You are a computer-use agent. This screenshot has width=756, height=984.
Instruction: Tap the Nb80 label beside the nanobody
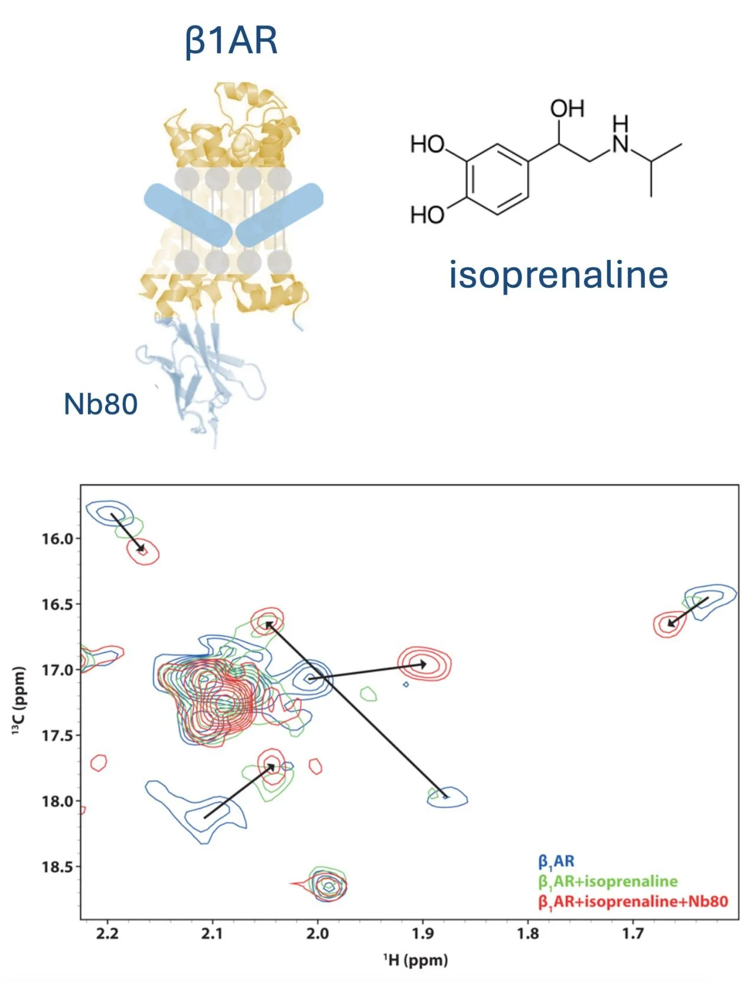(100, 405)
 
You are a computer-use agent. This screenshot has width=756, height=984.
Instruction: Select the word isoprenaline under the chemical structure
(558, 275)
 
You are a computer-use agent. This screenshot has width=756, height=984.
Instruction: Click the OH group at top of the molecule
(567, 109)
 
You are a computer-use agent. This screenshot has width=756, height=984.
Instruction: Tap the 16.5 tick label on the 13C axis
(57, 604)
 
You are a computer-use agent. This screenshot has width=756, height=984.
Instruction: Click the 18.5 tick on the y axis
(57, 867)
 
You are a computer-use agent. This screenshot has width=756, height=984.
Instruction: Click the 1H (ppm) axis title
(415, 960)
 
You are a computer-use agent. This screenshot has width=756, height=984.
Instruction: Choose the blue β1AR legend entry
(556, 862)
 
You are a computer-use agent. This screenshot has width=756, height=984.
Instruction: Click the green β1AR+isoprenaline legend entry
(608, 882)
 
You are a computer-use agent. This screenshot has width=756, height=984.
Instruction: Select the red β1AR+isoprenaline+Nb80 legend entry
(633, 902)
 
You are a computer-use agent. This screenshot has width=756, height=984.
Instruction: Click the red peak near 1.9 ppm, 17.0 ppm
(425, 664)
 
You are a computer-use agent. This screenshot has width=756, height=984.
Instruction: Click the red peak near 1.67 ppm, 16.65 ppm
(670, 624)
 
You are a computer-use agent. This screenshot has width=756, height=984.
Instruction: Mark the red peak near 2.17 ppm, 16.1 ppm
(144, 552)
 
